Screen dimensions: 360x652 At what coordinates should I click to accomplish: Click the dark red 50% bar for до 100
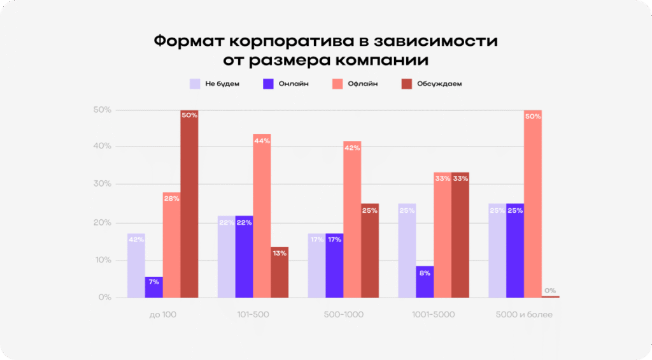(189, 204)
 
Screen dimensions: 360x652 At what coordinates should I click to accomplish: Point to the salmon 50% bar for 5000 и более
(533, 204)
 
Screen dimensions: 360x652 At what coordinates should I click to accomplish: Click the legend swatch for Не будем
(195, 83)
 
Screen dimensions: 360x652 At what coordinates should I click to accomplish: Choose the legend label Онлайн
(294, 84)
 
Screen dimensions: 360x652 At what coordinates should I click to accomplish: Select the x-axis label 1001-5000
(433, 315)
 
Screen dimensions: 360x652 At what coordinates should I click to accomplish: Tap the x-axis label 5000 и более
(524, 315)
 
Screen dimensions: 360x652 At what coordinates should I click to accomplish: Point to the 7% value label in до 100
(153, 282)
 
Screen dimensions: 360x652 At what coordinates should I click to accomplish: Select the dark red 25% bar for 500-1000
(370, 250)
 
